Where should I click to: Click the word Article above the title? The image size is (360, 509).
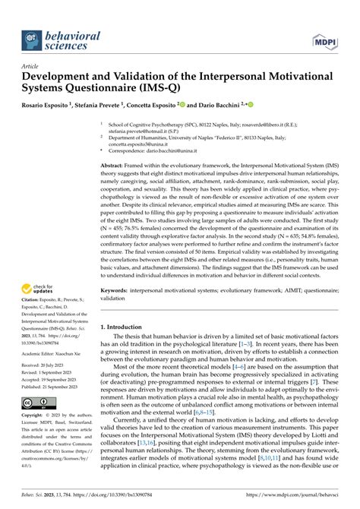point(30,65)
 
